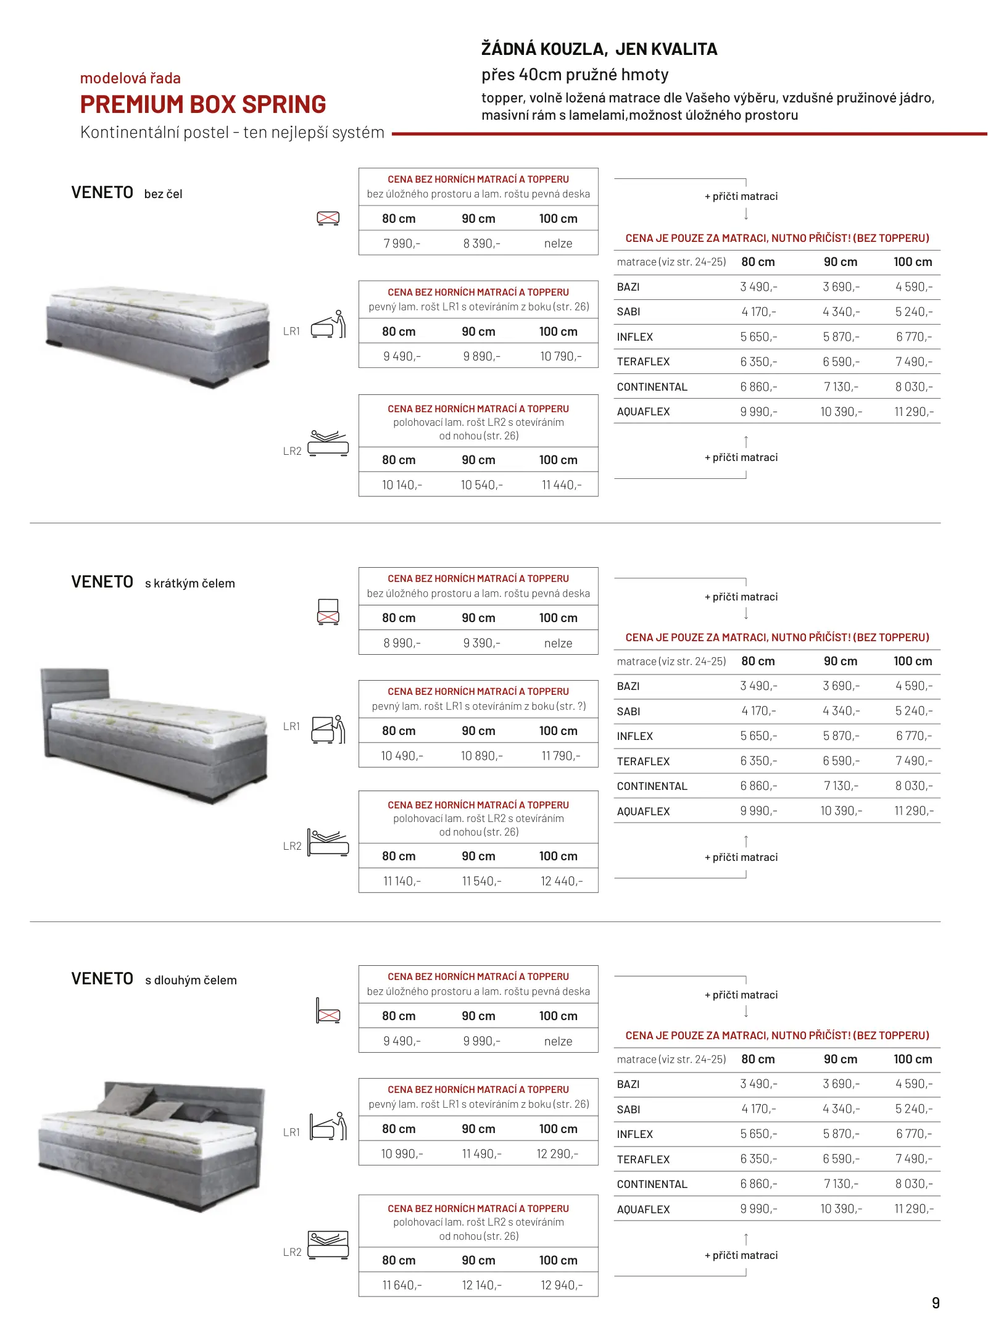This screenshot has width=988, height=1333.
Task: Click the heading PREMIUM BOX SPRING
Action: [203, 105]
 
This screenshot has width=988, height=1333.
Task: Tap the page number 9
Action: [936, 1303]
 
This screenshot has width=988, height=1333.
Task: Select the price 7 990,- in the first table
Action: [402, 244]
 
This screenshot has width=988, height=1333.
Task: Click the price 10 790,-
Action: [560, 357]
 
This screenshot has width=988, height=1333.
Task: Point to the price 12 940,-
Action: [561, 1285]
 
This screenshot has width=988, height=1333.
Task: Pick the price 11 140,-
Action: [402, 881]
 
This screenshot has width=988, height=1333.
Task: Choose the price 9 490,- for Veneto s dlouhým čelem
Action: [402, 1041]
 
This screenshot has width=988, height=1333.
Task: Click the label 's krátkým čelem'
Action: [190, 584]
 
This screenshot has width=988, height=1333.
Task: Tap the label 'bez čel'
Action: [164, 194]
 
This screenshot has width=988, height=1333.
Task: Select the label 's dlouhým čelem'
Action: [191, 981]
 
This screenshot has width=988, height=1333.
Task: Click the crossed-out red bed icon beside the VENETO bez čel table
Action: [328, 218]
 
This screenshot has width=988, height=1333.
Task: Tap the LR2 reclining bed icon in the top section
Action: [328, 443]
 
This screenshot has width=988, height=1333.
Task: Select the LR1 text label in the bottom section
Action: [291, 1132]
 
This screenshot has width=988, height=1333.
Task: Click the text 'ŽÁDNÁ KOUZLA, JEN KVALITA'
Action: [599, 49]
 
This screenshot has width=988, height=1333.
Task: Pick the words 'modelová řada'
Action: [130, 78]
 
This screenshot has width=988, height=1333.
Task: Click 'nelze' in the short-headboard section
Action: [558, 643]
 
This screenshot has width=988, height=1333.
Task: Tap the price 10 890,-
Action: [481, 756]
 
